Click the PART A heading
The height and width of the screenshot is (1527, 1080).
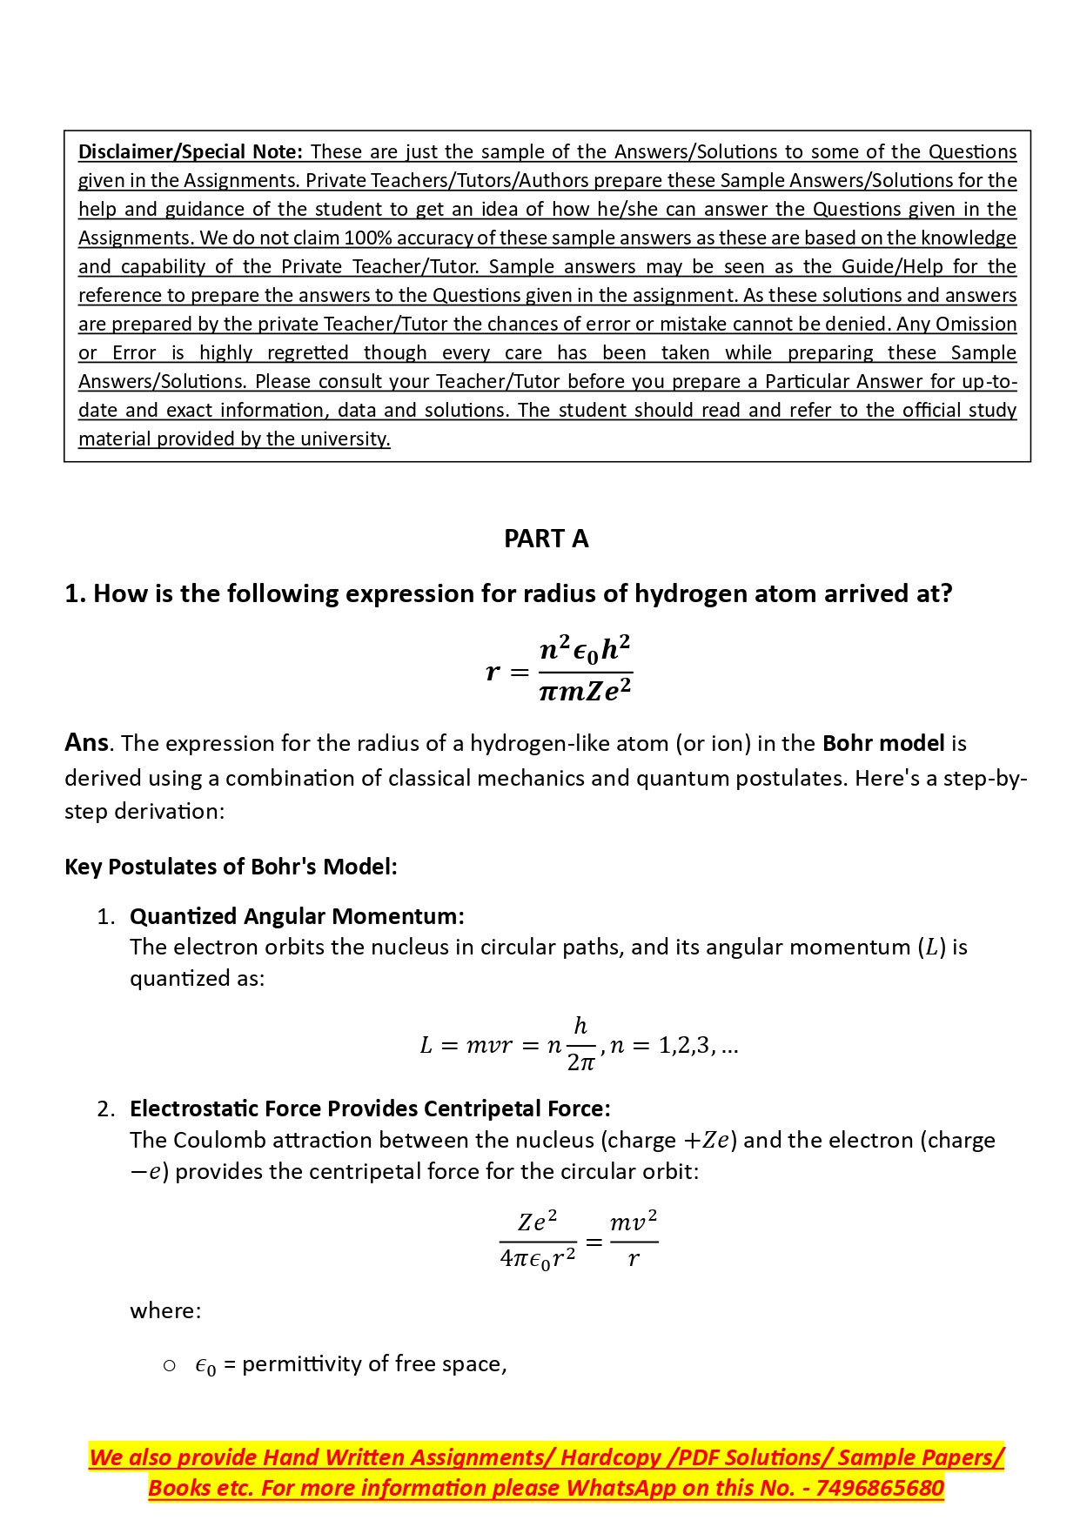(x=546, y=539)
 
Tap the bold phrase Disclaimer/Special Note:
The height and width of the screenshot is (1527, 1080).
(x=191, y=152)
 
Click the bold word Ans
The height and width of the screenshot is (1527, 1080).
(x=86, y=743)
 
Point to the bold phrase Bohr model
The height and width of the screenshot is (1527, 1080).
(x=882, y=744)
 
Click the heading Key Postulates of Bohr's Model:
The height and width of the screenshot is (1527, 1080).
(x=231, y=867)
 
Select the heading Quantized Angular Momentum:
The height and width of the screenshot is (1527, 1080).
(x=297, y=917)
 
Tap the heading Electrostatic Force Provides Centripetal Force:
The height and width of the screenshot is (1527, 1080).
(x=370, y=1109)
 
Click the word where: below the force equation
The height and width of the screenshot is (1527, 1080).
(x=165, y=1311)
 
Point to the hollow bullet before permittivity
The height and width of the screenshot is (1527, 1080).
(x=170, y=1366)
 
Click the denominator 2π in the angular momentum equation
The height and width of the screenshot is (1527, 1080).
(x=580, y=1062)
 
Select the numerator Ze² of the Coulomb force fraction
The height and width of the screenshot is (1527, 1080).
(x=537, y=1222)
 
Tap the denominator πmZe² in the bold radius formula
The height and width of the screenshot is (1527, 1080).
(x=585, y=692)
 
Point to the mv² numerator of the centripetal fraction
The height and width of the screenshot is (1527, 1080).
(x=633, y=1222)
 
